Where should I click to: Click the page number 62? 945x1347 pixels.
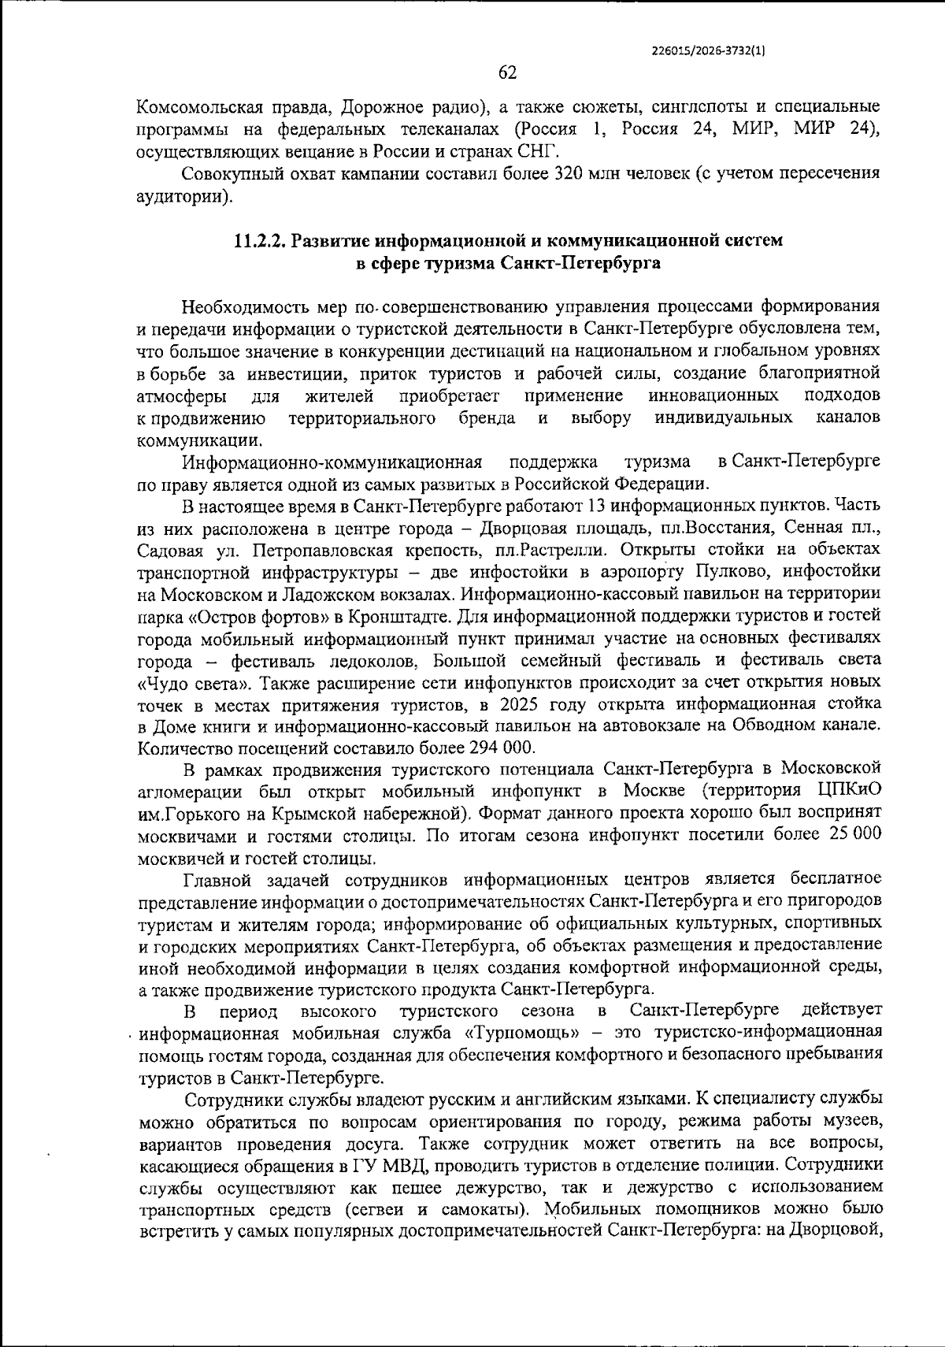(508, 73)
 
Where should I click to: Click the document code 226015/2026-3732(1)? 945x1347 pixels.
(710, 49)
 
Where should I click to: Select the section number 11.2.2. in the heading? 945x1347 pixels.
(260, 242)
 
